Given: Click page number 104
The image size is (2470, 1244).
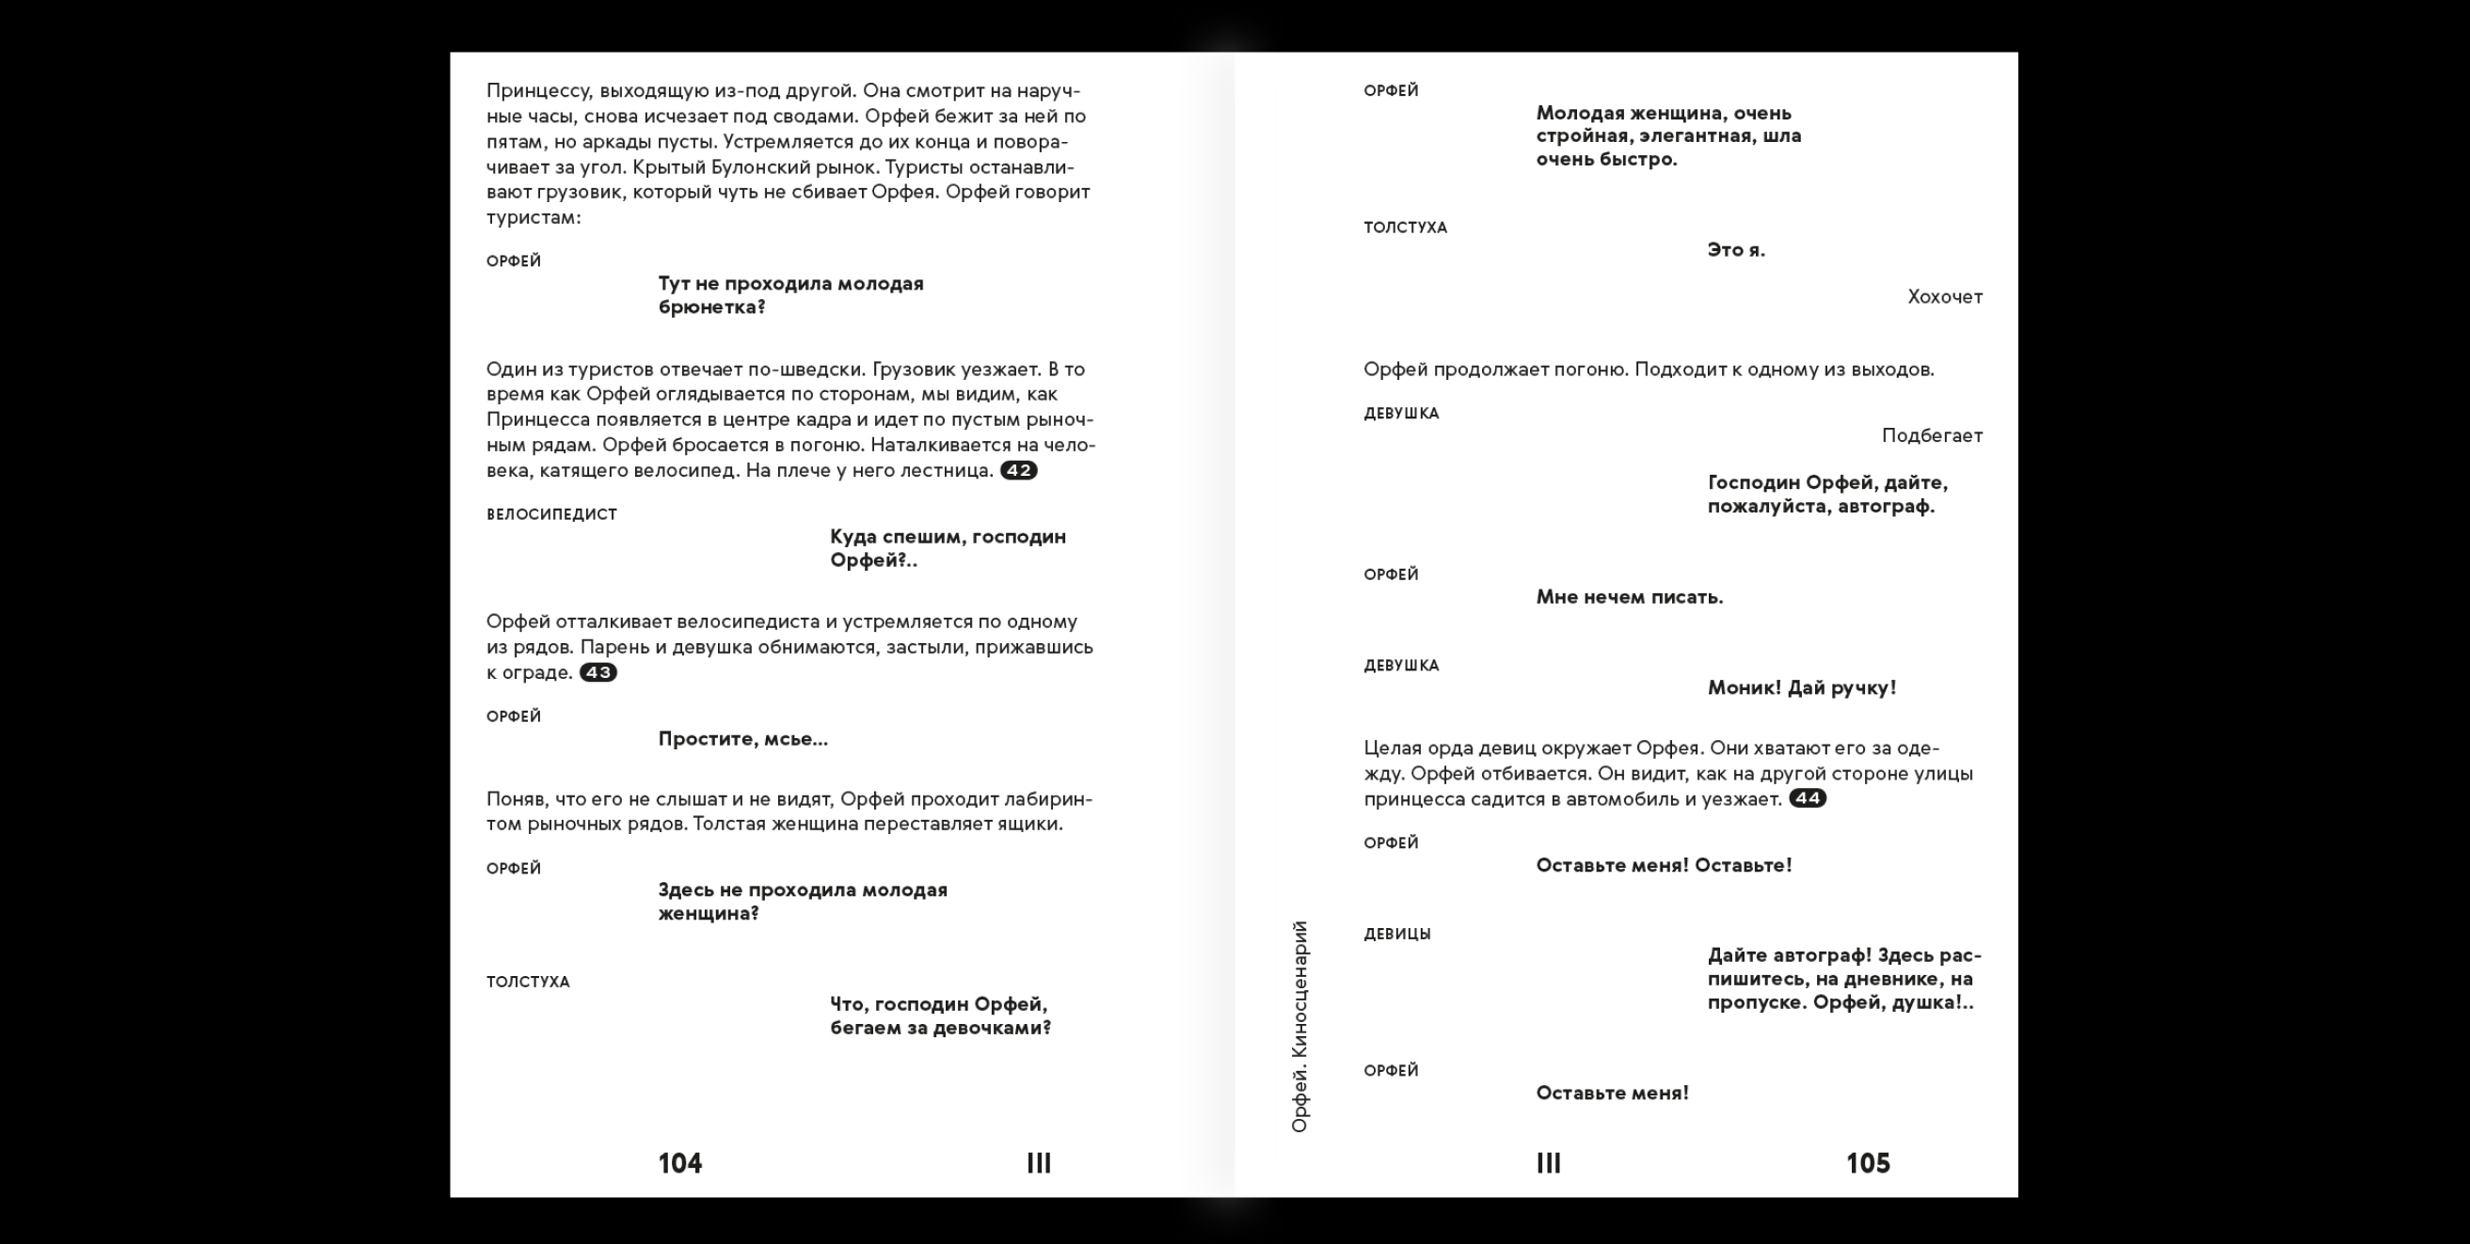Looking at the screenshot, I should pyautogui.click(x=679, y=1163).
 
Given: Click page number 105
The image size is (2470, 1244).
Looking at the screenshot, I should pyautogui.click(x=1868, y=1163).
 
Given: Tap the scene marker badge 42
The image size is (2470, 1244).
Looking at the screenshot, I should pyautogui.click(x=1018, y=470).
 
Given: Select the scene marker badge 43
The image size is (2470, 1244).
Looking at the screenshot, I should pyautogui.click(x=598, y=673).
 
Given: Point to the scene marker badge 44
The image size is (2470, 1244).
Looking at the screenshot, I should pyautogui.click(x=1808, y=798).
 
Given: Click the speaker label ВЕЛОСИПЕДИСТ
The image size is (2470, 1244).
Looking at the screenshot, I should pyautogui.click(x=551, y=514).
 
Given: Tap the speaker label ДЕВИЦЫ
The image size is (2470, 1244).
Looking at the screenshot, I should pyautogui.click(x=1397, y=935).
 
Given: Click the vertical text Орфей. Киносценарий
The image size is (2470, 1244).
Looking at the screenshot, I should pyautogui.click(x=1300, y=1027).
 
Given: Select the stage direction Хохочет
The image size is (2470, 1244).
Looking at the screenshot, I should pyautogui.click(x=1945, y=297).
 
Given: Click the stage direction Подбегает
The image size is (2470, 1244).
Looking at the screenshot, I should pyautogui.click(x=1931, y=436).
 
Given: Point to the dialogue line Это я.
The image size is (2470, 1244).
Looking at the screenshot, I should pyautogui.click(x=1735, y=250).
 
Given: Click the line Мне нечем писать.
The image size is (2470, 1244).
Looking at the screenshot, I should pyautogui.click(x=1629, y=597).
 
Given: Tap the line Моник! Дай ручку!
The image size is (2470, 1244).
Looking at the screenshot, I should pyautogui.click(x=1802, y=688).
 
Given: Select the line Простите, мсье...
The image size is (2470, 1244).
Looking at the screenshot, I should pyautogui.click(x=742, y=739).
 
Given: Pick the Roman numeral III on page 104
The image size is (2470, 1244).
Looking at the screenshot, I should pyautogui.click(x=1039, y=1163).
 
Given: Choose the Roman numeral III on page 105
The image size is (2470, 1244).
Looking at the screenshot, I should pyautogui.click(x=1549, y=1163).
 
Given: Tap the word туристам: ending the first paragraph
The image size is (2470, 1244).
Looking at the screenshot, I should pyautogui.click(x=534, y=217).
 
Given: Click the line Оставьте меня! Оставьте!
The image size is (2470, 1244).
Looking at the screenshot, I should pyautogui.click(x=1664, y=865).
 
